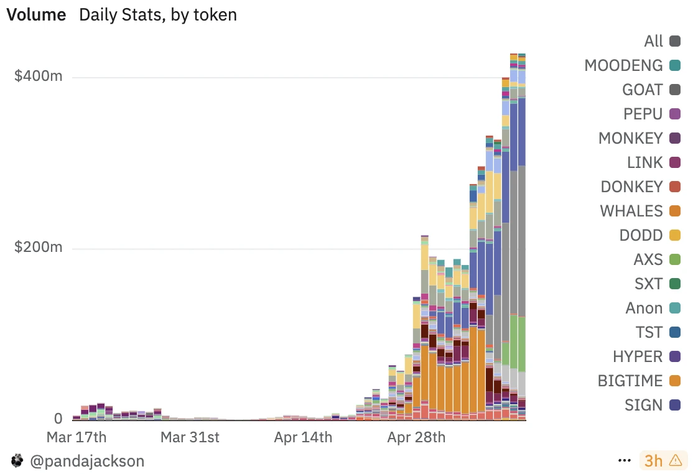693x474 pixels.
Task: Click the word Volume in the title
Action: [x=36, y=14]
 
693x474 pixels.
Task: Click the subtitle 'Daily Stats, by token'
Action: [x=158, y=14]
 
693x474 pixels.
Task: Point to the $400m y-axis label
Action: [x=39, y=77]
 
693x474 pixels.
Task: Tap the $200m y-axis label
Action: [x=39, y=248]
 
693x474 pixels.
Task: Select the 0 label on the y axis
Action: [x=57, y=418]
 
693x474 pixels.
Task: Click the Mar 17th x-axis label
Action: [x=77, y=437]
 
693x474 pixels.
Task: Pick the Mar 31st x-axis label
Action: [x=190, y=437]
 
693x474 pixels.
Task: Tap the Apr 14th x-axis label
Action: [x=303, y=437]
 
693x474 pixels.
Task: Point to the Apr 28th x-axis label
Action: [x=416, y=437]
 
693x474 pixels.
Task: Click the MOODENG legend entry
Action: [x=623, y=65]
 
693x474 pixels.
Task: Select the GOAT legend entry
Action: [x=643, y=90]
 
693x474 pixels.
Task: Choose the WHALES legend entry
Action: [x=631, y=211]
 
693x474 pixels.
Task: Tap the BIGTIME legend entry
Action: [x=631, y=381]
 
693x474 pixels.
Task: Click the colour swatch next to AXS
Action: [x=674, y=259]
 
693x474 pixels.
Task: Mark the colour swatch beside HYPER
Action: [x=674, y=356]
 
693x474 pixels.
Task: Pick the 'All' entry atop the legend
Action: [x=654, y=41]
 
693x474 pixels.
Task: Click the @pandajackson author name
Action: [x=86, y=461]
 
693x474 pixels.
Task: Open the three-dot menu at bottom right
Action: [x=625, y=461]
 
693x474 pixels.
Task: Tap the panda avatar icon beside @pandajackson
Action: [x=17, y=461]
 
